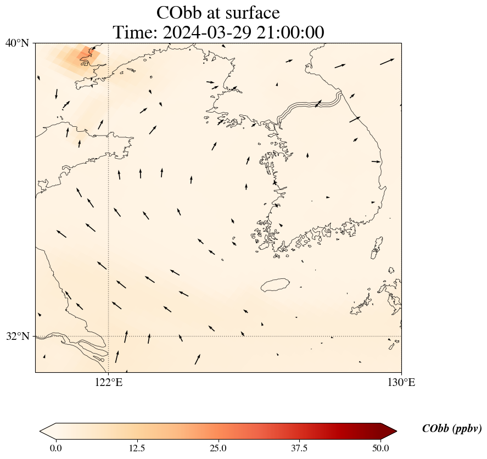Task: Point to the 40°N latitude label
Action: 17,43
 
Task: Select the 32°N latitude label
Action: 17,336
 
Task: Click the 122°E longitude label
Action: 109,383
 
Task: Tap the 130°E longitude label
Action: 401,383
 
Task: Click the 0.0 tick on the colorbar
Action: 55,448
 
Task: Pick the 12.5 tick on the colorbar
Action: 137,448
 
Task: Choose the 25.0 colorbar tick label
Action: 218,448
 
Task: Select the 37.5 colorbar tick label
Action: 299,448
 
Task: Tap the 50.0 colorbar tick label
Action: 380,448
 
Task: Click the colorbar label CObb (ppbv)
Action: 451,429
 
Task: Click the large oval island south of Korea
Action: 275,285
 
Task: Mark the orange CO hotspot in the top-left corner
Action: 85,54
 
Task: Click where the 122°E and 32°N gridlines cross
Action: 109,336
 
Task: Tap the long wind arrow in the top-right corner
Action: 387,61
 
